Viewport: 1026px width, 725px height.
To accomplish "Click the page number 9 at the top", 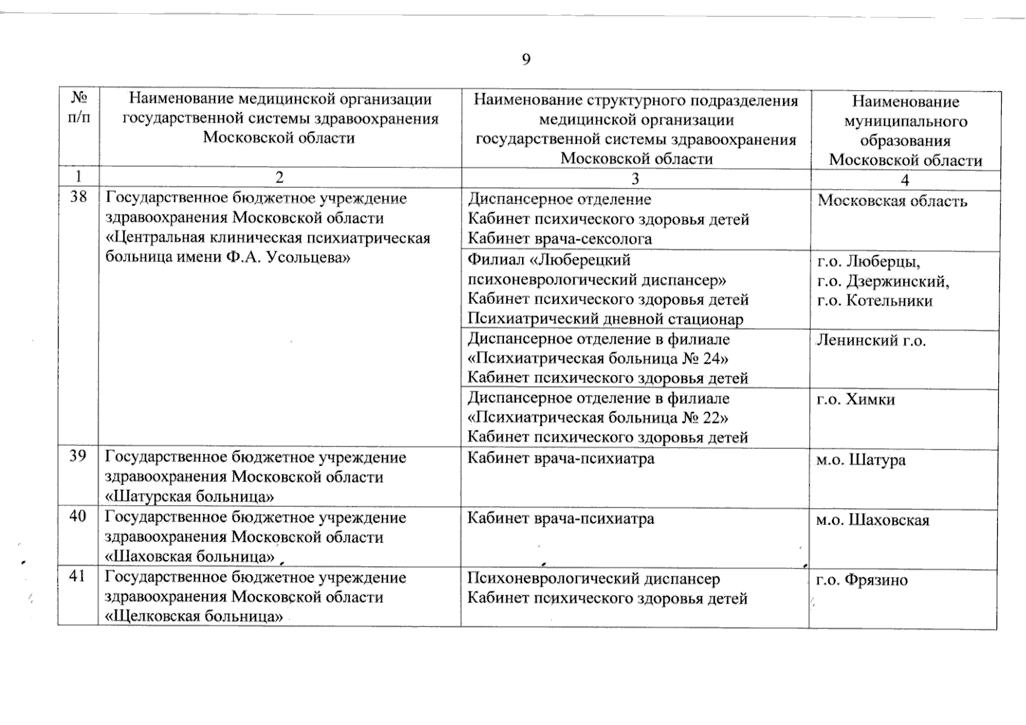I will pyautogui.click(x=526, y=59).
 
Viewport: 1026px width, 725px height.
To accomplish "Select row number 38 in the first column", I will pyautogui.click(x=79, y=196).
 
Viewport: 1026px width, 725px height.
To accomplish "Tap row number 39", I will pyautogui.click(x=78, y=456).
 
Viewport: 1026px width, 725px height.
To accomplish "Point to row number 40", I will pyautogui.click(x=78, y=516).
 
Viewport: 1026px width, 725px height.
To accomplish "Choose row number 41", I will pyautogui.click(x=77, y=576).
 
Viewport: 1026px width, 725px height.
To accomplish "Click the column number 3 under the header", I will pyautogui.click(x=635, y=178).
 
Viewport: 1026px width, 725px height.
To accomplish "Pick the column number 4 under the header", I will pyautogui.click(x=905, y=180).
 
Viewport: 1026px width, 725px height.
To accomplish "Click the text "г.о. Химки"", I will pyautogui.click(x=856, y=399).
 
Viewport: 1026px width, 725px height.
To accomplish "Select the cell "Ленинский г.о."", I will pyautogui.click(x=871, y=341).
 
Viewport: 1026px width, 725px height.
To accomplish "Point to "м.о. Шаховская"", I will pyautogui.click(x=873, y=520).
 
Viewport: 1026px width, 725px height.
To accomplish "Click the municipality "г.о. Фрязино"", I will pyautogui.click(x=862, y=581).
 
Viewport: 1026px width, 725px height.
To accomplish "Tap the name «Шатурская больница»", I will pyautogui.click(x=190, y=497).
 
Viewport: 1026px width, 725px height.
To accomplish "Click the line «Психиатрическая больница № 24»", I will pyautogui.click(x=598, y=358).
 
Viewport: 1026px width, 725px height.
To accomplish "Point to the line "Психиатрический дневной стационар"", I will pyautogui.click(x=605, y=319).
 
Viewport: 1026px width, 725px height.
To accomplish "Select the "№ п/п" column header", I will pyautogui.click(x=79, y=108).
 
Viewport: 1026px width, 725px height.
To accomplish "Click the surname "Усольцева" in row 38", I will pyautogui.click(x=308, y=257).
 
